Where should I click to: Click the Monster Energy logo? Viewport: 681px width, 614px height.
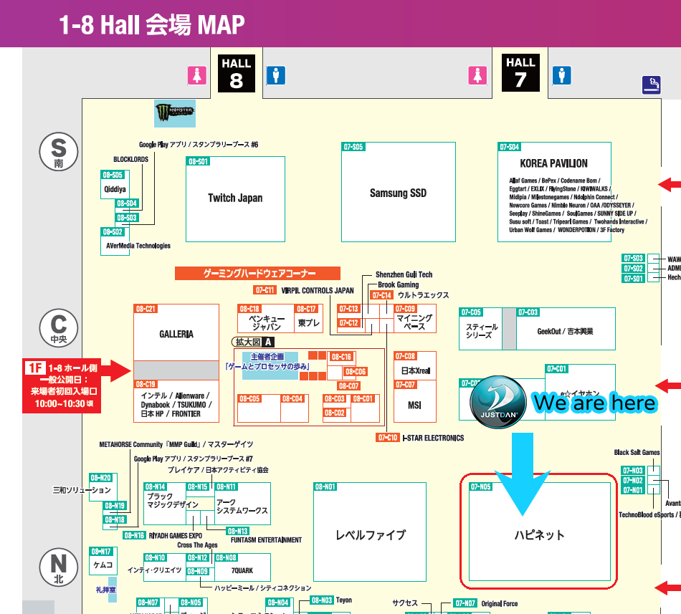[x=175, y=113]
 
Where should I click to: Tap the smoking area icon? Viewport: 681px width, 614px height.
[x=651, y=85]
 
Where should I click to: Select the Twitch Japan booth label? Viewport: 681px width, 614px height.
[x=235, y=198]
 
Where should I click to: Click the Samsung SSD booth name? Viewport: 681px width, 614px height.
[x=398, y=193]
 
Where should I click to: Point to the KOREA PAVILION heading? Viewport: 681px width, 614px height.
[x=553, y=163]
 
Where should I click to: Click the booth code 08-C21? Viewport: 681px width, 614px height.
[x=146, y=309]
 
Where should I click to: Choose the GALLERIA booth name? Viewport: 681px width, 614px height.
[x=176, y=334]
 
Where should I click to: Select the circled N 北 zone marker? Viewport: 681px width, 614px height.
[x=59, y=567]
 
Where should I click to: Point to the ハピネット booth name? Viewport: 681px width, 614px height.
[x=539, y=534]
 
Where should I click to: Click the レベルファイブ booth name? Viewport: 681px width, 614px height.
[x=371, y=534]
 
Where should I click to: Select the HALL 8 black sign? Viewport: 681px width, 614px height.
[x=236, y=74]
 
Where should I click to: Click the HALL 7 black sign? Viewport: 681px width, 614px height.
[x=520, y=72]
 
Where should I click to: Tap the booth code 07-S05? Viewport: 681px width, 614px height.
[x=353, y=147]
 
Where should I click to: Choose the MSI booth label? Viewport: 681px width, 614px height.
[x=414, y=405]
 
